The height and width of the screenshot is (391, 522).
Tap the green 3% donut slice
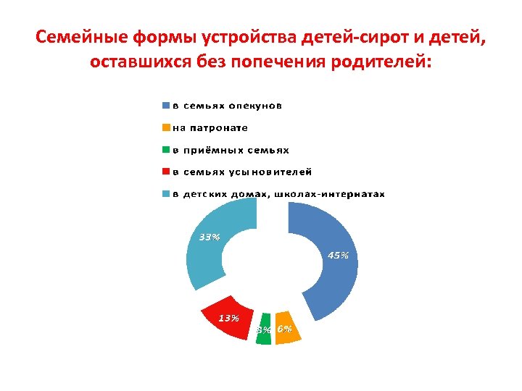[x=264, y=329]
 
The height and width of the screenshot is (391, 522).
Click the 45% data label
[x=339, y=255]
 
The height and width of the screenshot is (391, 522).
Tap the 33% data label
[x=210, y=237]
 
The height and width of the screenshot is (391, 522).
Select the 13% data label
[x=229, y=317]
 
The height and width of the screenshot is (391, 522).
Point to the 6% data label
[x=285, y=329]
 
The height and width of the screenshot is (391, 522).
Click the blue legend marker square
[x=165, y=106]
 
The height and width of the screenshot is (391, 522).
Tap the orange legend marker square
[x=165, y=128]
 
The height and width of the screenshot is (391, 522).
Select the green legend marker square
[x=165, y=151]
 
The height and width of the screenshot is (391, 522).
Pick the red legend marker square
[x=165, y=172]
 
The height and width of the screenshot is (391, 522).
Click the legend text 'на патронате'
[x=210, y=128]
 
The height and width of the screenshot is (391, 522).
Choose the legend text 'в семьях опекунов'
[x=227, y=106]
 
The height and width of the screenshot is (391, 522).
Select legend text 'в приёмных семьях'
[x=231, y=151]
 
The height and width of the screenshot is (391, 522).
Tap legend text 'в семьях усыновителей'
[x=242, y=172]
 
